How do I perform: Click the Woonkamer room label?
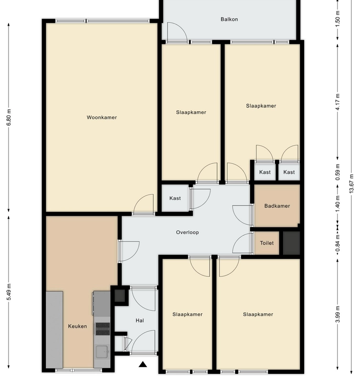tap(102, 117)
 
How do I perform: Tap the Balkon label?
tap(229, 19)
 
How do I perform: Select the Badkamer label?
tap(277, 206)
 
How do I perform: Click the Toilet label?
tap(267, 243)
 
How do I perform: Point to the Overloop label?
tap(187, 233)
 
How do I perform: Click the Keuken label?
tap(77, 327)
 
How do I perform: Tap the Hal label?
tap(140, 321)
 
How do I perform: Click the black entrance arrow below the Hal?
tap(143, 364)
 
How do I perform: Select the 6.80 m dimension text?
tap(9, 117)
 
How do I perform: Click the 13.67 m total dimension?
tap(351, 184)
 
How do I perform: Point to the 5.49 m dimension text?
tap(9, 292)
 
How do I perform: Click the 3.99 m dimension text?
tap(338, 314)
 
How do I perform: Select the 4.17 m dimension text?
tap(338, 102)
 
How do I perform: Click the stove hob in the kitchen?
tap(103, 329)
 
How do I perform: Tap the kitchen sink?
tap(102, 352)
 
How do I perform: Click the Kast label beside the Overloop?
tap(175, 198)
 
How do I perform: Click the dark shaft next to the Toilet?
tap(291, 243)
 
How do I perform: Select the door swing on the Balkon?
tap(177, 32)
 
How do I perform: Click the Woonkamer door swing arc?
tap(143, 204)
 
